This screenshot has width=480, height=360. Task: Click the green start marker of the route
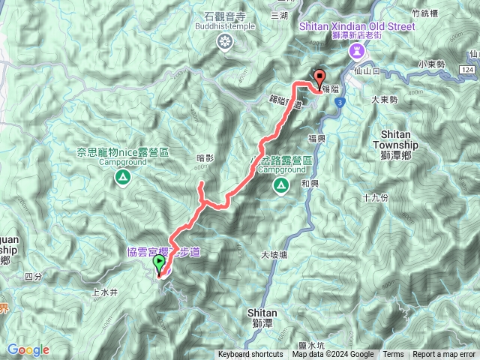(159, 264)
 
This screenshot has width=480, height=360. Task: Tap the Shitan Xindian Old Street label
(357, 25)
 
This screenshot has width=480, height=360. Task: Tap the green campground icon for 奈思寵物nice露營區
(121, 177)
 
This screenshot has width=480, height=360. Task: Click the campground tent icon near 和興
(280, 185)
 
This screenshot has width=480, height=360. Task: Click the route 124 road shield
(467, 70)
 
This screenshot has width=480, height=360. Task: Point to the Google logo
(28, 349)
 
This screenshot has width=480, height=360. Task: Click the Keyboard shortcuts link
(250, 355)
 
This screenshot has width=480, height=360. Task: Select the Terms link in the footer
(393, 355)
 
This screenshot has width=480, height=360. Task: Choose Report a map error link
(445, 355)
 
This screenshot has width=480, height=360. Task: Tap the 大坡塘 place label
(275, 256)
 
